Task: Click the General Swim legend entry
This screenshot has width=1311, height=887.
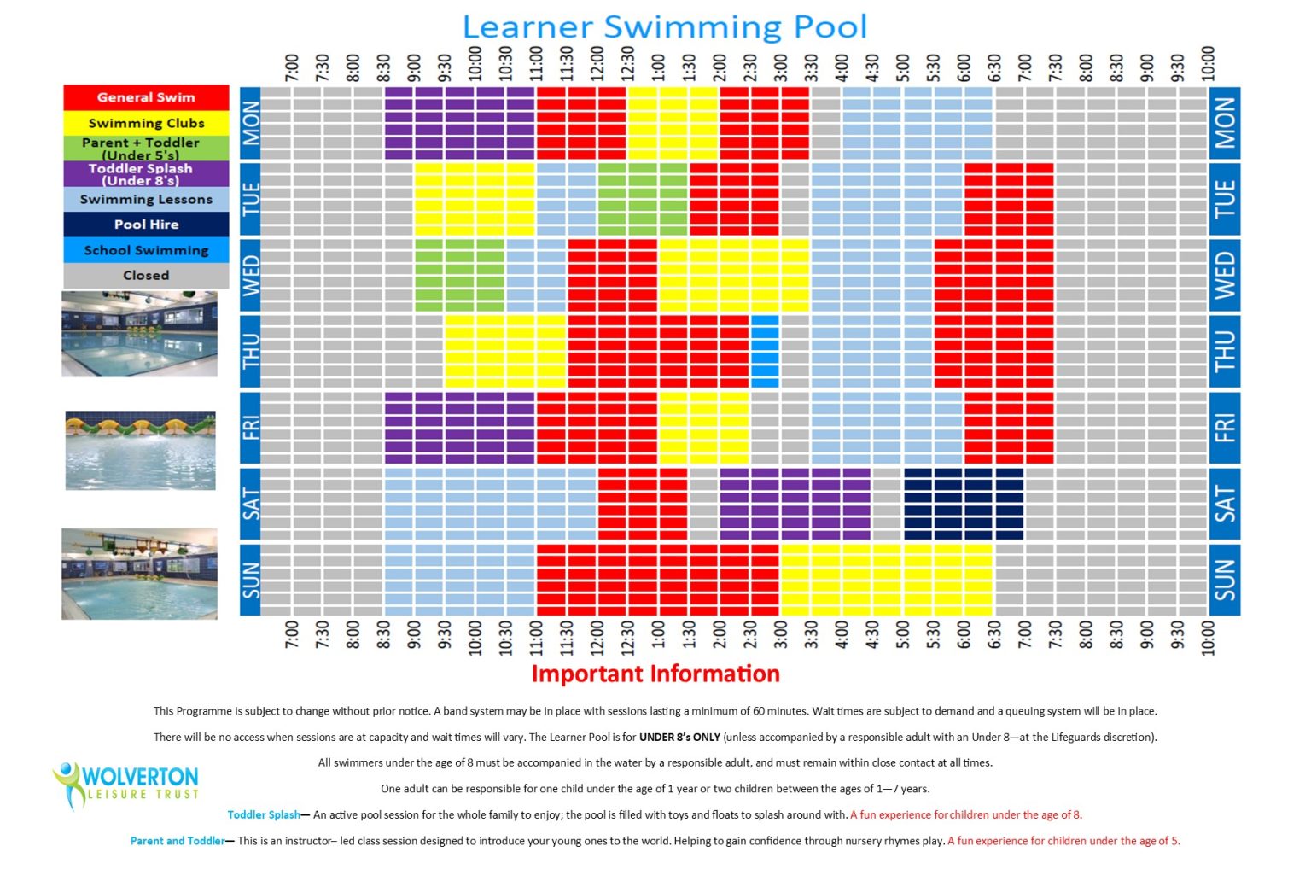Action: pyautogui.click(x=146, y=97)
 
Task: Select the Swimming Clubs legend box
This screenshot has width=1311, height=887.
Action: pyautogui.click(x=146, y=123)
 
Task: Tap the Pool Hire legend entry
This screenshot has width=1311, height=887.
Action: pyautogui.click(x=146, y=225)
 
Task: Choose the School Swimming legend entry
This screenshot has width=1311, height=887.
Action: pyautogui.click(x=146, y=250)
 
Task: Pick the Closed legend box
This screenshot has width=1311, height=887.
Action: pyautogui.click(x=146, y=276)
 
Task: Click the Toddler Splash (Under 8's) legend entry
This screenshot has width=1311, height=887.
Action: pyautogui.click(x=146, y=174)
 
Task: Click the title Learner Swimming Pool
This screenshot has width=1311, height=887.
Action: pyautogui.click(x=664, y=26)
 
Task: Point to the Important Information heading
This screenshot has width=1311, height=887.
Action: pyautogui.click(x=655, y=674)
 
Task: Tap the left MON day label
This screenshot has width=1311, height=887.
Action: pyautogui.click(x=251, y=123)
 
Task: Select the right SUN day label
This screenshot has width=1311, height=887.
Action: pyautogui.click(x=1224, y=580)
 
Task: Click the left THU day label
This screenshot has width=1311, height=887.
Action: pyautogui.click(x=251, y=352)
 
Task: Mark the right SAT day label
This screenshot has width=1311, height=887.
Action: pyautogui.click(x=1224, y=504)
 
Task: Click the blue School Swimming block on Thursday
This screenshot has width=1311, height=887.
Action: pyautogui.click(x=765, y=352)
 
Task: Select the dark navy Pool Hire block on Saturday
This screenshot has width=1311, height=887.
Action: pyautogui.click(x=964, y=504)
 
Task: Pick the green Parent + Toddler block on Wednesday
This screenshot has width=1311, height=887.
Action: pyautogui.click(x=460, y=275)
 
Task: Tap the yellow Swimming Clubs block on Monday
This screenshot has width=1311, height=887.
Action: pyautogui.click(x=673, y=123)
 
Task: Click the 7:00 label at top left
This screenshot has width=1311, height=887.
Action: pyautogui.click(x=292, y=67)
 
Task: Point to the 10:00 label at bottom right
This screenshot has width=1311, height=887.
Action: pyautogui.click(x=1208, y=638)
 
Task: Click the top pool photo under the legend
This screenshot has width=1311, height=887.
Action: pyautogui.click(x=139, y=334)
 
